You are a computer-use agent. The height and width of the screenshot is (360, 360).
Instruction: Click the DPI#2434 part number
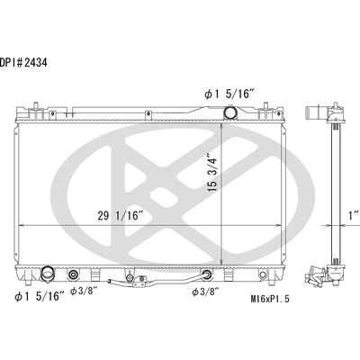point(23,63)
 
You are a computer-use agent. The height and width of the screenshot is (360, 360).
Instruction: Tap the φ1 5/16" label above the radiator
point(229,94)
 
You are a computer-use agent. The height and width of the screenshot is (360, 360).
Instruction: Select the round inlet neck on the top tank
point(230,112)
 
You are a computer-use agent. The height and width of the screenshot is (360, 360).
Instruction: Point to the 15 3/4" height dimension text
point(211,175)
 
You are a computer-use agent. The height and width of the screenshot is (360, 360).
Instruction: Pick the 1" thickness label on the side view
point(354,215)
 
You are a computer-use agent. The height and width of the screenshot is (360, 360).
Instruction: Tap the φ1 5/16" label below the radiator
point(40,297)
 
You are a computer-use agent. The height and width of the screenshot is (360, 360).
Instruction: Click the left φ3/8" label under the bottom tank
point(85,291)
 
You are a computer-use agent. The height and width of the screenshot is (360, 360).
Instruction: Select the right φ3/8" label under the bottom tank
point(205,292)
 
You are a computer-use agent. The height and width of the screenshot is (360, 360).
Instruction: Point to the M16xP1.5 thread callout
point(270,299)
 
